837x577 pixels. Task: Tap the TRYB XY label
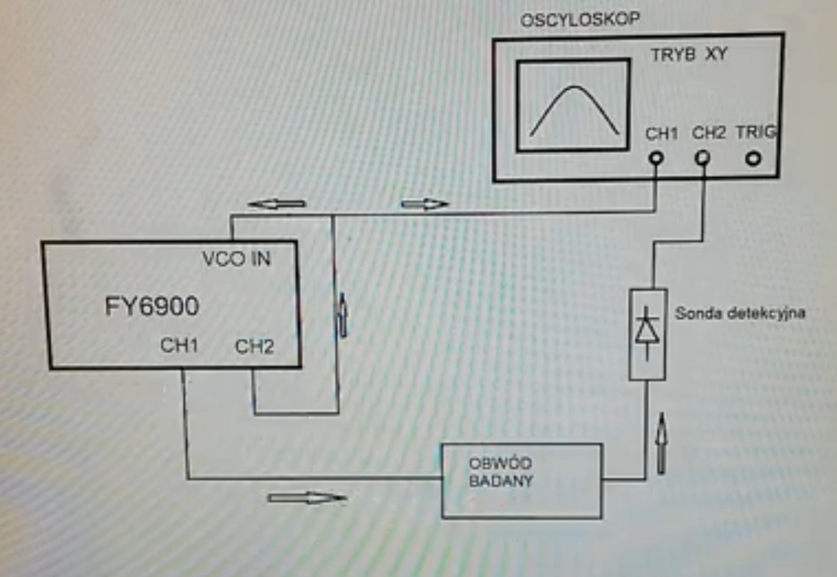pos(688,55)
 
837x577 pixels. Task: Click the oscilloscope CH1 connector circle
pos(656,158)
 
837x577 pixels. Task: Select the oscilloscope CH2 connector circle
pos(702,158)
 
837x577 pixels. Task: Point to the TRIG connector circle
pos(753,158)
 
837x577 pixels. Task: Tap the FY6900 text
pos(152,306)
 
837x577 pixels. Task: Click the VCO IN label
pos(236,260)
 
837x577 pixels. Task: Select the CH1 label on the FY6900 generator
pos(179,345)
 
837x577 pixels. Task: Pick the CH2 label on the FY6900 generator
pos(254,346)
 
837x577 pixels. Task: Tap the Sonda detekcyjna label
pos(740,314)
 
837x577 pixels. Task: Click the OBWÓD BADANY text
pos(501,472)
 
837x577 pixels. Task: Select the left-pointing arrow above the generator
pos(276,204)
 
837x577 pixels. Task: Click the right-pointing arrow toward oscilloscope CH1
pos(424,204)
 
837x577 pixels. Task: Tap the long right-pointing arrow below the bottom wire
pos(307,497)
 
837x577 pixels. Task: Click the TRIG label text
pos(756,132)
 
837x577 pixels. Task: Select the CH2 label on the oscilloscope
pos(710,133)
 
